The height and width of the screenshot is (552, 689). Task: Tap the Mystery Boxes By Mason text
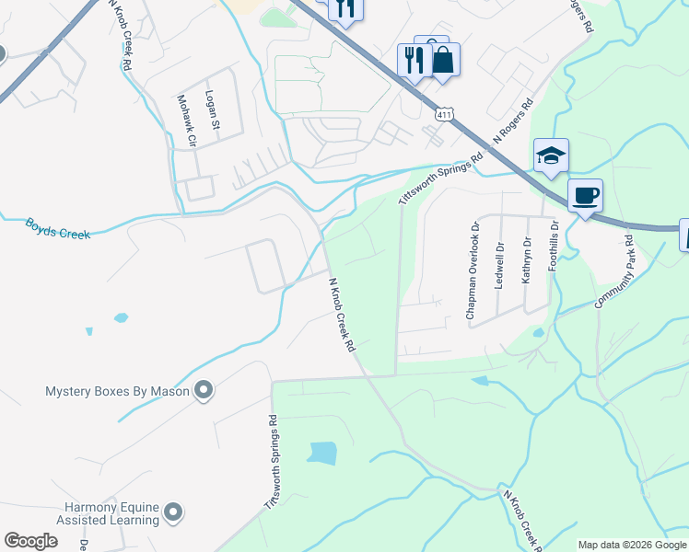click(117, 391)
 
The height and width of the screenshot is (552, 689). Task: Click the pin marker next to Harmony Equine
click(173, 513)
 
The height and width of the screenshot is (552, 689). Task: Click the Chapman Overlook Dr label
click(473, 272)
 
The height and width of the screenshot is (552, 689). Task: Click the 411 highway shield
click(445, 113)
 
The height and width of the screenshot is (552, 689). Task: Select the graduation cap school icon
click(551, 155)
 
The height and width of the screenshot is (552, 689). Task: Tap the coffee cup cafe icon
click(585, 195)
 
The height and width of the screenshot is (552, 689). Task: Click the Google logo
click(30, 541)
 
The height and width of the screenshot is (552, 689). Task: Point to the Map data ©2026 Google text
click(633, 545)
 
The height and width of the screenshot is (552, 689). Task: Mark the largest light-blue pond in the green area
click(322, 453)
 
